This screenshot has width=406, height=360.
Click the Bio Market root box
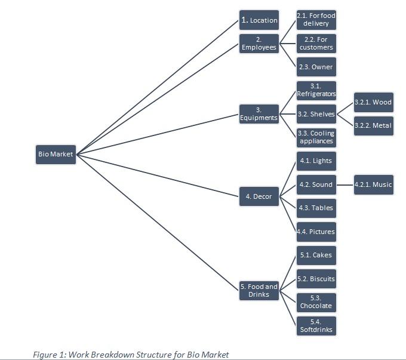tap(56, 154)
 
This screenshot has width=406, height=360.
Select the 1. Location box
tap(259, 20)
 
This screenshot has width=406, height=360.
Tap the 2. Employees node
tap(259, 44)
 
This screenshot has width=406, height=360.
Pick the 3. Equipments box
tap(259, 114)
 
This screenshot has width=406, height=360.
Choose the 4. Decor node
tap(259, 196)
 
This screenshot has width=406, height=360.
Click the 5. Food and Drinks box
tap(259, 290)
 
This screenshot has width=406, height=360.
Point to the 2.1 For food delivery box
tap(316, 20)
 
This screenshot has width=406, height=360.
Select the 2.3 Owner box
tap(316, 67)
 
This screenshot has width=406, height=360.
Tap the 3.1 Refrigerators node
tap(316, 90)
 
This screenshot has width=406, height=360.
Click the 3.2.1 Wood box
tap(373, 102)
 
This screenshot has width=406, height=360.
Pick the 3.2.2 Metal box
tap(373, 125)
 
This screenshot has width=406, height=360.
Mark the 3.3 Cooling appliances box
tap(316, 137)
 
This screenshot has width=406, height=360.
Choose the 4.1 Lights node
tap(316, 161)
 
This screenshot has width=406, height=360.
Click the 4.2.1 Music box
tap(373, 184)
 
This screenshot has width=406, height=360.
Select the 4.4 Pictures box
tap(316, 232)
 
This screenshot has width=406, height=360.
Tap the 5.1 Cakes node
tap(316, 255)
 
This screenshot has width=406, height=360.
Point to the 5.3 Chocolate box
tap(316, 302)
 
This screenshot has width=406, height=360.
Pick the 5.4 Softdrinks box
tap(316, 325)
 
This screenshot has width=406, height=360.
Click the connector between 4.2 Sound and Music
tap(345, 185)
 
